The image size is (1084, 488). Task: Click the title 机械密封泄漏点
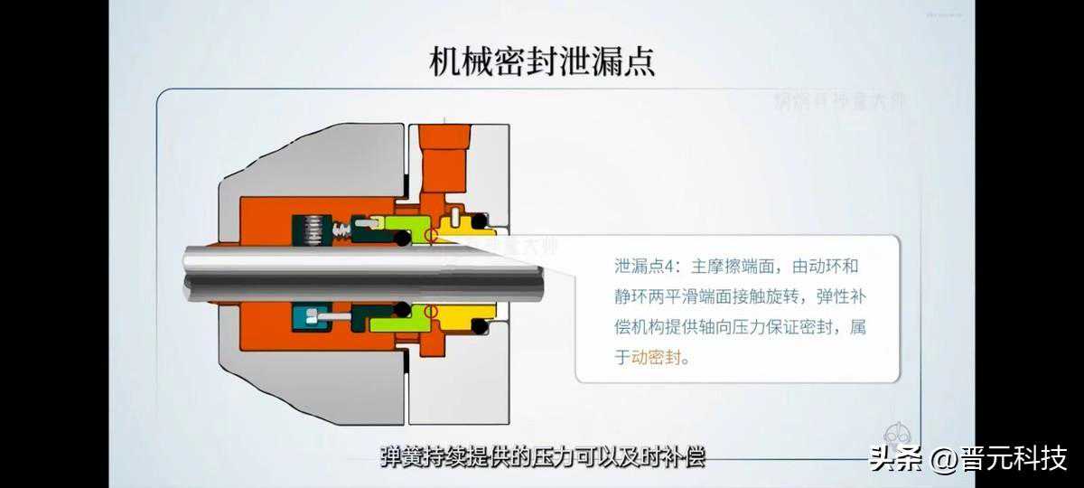pyautogui.click(x=541, y=61)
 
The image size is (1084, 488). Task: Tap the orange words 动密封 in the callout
pyautogui.click(x=659, y=359)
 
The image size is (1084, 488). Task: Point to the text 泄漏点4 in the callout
pyautogui.click(x=645, y=267)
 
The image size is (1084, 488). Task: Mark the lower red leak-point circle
pyautogui.click(x=431, y=312)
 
